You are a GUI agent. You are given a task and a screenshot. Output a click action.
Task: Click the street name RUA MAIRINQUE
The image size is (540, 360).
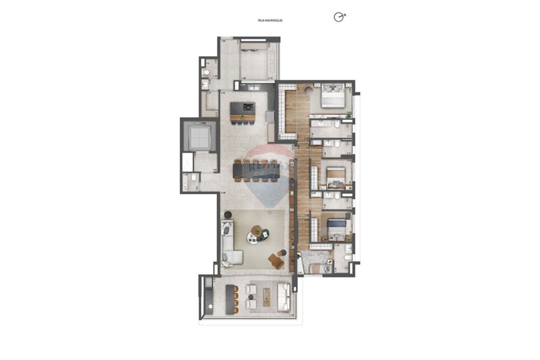(x=270, y=21)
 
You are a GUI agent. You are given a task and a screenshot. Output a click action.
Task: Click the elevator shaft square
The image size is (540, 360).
(x=198, y=139)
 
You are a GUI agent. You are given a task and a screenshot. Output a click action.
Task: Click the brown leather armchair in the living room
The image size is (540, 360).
(x=276, y=262)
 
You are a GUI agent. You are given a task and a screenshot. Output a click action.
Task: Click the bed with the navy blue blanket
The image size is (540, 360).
(x=337, y=226)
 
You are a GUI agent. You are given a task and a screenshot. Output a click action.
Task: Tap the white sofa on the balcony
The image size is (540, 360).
(x=283, y=297)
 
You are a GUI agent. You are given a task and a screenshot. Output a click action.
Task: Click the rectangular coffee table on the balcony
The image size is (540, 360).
(x=266, y=297)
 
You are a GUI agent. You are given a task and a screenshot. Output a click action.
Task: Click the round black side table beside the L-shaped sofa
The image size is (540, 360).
(x=227, y=215)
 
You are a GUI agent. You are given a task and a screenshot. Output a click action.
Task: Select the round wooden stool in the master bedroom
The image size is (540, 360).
(x=308, y=90)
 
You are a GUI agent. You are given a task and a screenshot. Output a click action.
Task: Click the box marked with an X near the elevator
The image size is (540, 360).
(x=187, y=162)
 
